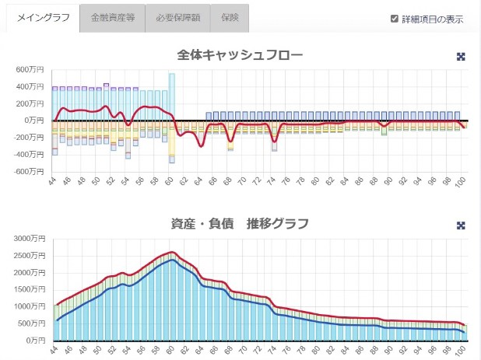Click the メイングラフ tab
[43, 17]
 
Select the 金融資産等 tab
[112, 17]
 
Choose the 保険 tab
[229, 17]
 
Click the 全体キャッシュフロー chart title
[240, 55]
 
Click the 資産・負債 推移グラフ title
[240, 224]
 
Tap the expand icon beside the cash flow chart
[461, 57]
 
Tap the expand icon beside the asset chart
[461, 225]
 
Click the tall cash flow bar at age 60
[171, 96]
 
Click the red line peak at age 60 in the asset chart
[171, 252]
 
